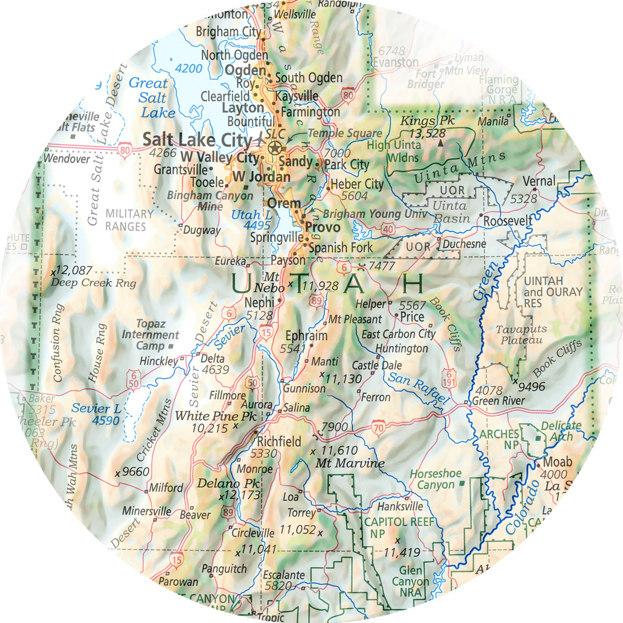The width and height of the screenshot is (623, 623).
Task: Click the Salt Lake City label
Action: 197,140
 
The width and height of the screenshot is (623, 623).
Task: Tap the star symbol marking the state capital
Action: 275,147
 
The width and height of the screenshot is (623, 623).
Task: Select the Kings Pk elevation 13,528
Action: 427,133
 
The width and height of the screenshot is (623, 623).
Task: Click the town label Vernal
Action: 539,181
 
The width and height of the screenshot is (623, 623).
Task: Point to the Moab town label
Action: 557,462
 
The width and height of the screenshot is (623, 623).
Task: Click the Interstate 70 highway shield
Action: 378,428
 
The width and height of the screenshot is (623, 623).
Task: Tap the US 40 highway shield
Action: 388,229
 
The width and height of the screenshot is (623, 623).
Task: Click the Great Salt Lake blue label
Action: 150,97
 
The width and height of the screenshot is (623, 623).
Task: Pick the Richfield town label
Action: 279,441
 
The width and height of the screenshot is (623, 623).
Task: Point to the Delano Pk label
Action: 228,483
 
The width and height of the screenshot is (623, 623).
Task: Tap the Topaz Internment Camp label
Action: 150,335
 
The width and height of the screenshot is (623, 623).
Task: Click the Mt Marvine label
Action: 350,463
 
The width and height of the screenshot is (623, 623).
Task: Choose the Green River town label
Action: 498,401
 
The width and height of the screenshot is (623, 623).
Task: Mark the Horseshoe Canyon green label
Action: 435,479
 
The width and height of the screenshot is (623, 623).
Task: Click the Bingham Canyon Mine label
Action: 210,201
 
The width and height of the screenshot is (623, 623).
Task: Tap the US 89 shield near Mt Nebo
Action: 316,301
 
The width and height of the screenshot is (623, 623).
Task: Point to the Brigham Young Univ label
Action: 375,214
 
